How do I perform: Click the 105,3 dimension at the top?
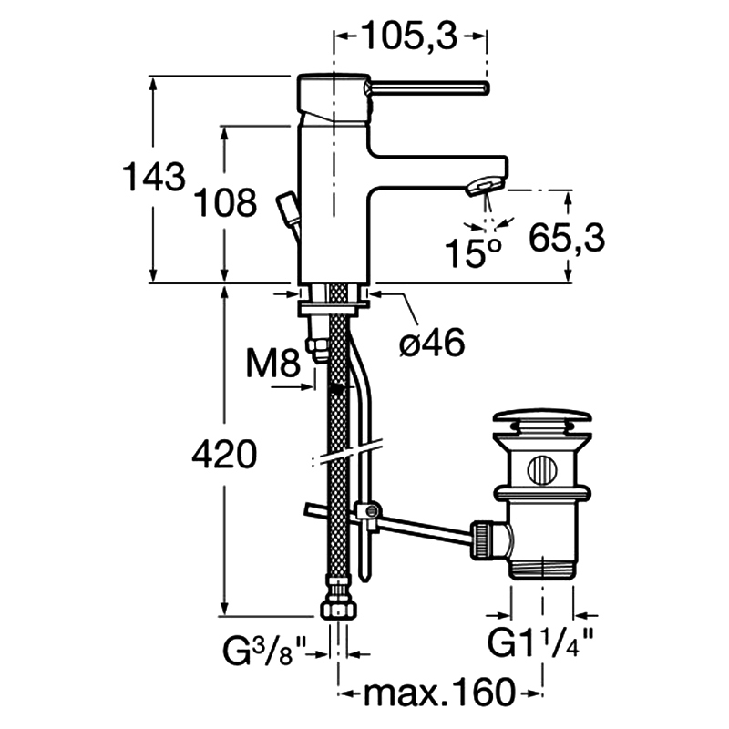409,36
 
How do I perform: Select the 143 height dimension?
154,177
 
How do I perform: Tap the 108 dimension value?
225,202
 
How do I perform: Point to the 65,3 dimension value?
567,238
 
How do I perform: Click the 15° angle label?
473,253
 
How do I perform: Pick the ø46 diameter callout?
432,343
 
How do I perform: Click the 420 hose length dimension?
224,454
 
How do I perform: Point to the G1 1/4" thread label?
540,642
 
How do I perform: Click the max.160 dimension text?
439,693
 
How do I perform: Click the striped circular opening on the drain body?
541,469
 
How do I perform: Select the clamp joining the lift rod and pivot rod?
368,513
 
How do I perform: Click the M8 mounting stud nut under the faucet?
317,350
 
